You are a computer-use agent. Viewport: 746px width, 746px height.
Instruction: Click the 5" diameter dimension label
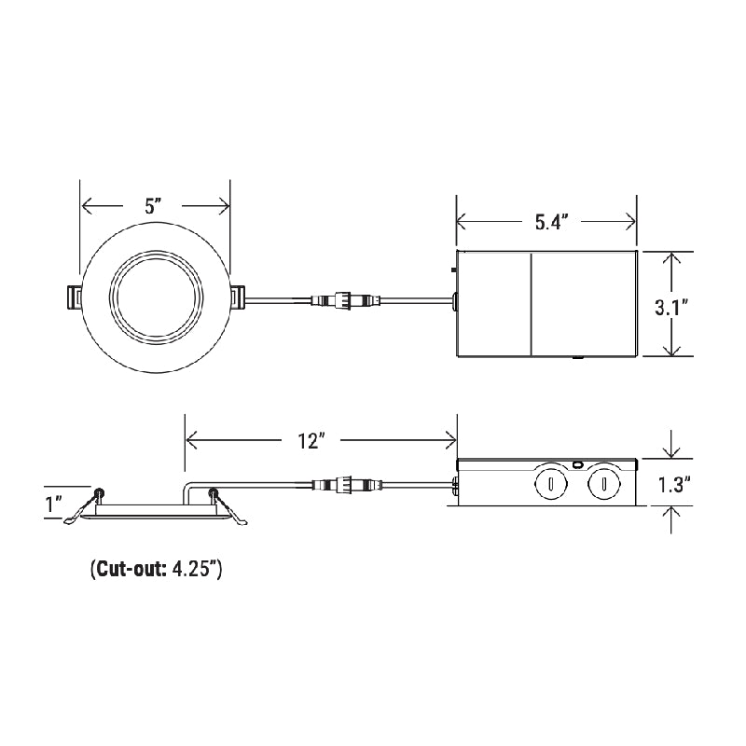coord(155,207)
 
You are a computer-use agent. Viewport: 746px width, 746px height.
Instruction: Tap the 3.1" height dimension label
coord(670,304)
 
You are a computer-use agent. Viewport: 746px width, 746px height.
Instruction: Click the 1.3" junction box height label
coord(672,485)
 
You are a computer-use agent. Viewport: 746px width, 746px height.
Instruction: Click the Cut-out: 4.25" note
coord(156,569)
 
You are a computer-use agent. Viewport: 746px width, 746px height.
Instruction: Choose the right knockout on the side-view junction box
coord(604,485)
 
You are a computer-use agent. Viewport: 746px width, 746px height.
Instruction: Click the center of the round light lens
coord(155,297)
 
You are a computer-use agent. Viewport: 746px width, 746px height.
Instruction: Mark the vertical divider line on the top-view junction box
coord(531,304)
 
